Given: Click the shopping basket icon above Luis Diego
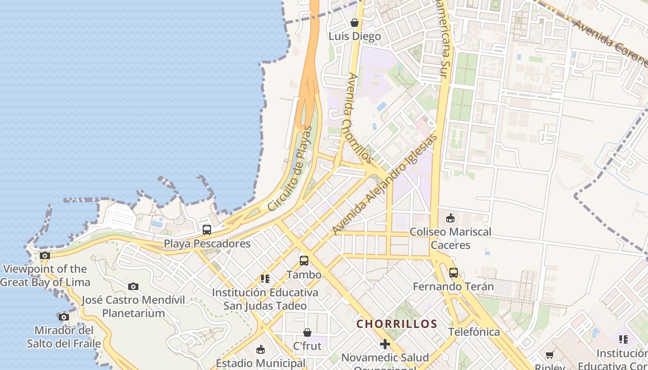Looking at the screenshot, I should [x=355, y=23].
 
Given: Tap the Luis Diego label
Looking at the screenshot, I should [x=355, y=36].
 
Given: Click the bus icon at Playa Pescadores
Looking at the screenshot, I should [x=207, y=229].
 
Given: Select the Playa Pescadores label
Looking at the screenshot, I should [x=207, y=243].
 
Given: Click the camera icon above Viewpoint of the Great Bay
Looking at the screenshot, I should [x=45, y=255].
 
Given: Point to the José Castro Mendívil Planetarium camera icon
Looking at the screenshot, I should [x=133, y=287].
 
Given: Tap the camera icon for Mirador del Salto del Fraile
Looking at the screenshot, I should [x=63, y=317].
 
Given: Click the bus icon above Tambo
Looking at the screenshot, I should [x=304, y=261].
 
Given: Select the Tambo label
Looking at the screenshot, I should [x=304, y=275].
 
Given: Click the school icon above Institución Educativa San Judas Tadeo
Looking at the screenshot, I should [x=265, y=279].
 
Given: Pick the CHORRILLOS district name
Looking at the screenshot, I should [x=397, y=324].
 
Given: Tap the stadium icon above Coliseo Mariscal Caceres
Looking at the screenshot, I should [x=450, y=218].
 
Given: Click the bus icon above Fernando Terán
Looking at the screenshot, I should [x=454, y=273].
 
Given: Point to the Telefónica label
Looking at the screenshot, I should [x=474, y=332].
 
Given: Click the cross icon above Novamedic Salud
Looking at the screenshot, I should [x=385, y=344].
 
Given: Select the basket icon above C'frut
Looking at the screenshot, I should [x=307, y=333].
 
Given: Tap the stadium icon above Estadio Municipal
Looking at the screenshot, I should [x=261, y=350].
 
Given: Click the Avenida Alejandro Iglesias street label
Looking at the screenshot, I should [x=385, y=185].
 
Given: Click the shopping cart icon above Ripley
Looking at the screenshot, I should [x=550, y=355].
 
